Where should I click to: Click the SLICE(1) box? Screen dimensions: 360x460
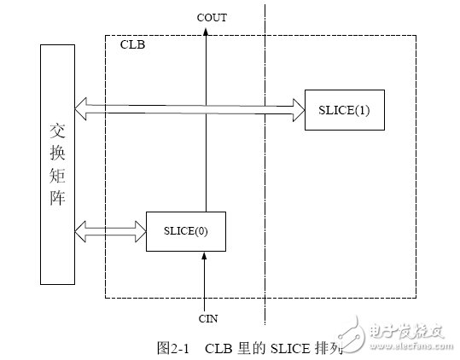point(344,109)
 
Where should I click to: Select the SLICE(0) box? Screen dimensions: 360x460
point(185,229)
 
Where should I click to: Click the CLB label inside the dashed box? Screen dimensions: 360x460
point(132,44)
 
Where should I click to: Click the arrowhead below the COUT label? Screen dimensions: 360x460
point(205,32)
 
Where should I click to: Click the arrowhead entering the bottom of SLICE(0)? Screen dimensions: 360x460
point(205,257)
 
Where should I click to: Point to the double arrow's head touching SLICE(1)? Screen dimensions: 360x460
point(299,107)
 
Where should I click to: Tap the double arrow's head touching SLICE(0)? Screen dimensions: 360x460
point(140,229)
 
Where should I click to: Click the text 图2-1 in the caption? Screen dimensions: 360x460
point(172,348)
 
